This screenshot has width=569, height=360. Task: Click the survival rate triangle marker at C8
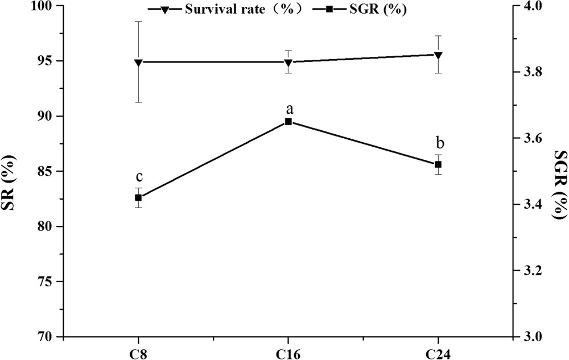pyautogui.click(x=138, y=62)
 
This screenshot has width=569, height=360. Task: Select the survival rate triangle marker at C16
pyautogui.click(x=288, y=62)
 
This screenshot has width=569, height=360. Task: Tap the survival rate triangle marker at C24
pyautogui.click(x=438, y=55)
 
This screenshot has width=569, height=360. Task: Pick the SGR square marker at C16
pyautogui.click(x=288, y=122)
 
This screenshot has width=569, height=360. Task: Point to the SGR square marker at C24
pyautogui.click(x=438, y=164)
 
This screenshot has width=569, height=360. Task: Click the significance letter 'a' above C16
pyautogui.click(x=288, y=109)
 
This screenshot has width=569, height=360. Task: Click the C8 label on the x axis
pyautogui.click(x=138, y=352)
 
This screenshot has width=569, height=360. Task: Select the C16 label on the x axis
pyautogui.click(x=288, y=352)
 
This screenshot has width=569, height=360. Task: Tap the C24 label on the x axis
pyautogui.click(x=438, y=352)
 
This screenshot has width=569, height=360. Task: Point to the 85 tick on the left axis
pyautogui.click(x=45, y=171)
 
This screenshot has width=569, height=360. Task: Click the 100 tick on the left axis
pyautogui.click(x=42, y=6)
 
